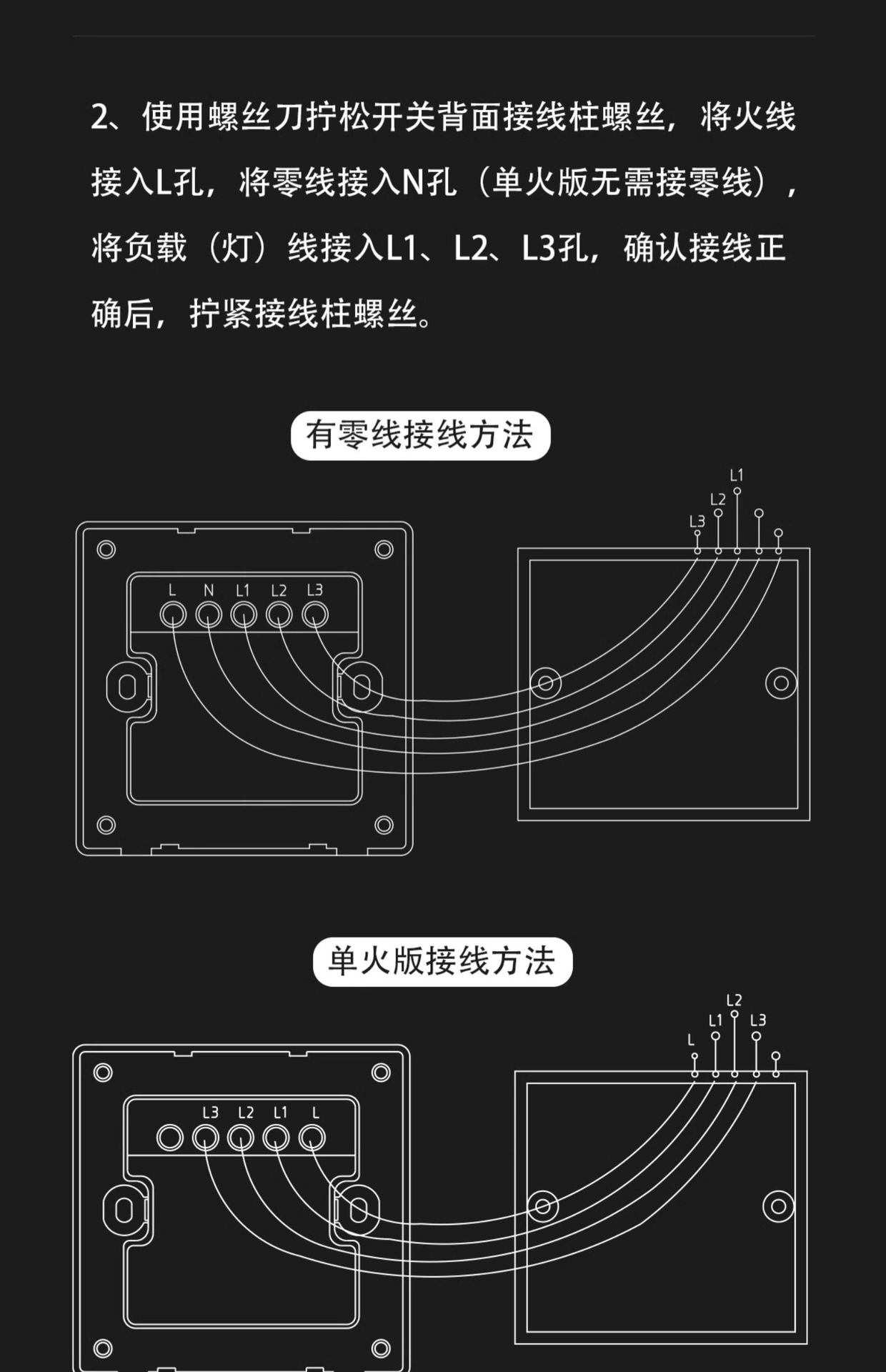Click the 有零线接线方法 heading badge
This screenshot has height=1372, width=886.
(420, 435)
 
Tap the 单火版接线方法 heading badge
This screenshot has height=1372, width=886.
(442, 962)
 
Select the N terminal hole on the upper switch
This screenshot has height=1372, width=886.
(209, 615)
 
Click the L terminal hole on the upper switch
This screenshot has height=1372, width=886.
(173, 615)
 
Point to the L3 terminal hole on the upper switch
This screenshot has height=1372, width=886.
(315, 615)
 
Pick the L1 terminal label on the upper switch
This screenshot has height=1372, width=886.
(243, 591)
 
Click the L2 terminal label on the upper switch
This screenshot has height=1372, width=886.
(279, 591)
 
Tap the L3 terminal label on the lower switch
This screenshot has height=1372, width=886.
(210, 1113)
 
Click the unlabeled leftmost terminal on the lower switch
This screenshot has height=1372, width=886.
(170, 1138)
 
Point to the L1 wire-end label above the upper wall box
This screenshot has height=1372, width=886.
(737, 475)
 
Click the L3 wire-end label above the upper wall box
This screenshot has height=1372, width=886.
(697, 522)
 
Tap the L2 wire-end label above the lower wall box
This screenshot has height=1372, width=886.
(734, 1000)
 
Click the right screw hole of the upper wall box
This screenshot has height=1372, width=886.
(781, 683)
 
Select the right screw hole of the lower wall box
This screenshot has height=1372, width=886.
(778, 1207)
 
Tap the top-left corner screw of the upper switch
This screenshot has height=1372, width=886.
(106, 550)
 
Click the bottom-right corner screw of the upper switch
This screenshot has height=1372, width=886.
(384, 825)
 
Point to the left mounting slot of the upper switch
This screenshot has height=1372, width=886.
(128, 687)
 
